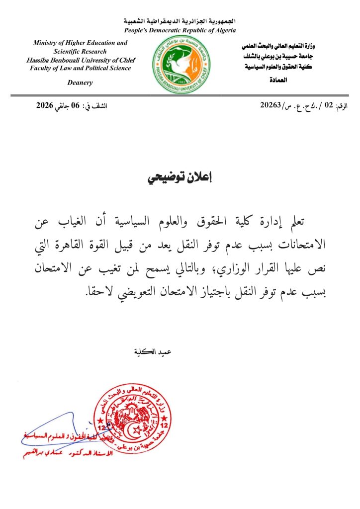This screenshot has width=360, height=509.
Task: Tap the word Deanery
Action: [x=80, y=83]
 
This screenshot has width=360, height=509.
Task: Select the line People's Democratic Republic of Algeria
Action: [x=180, y=31]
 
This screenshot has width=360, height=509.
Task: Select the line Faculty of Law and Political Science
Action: [x=80, y=68]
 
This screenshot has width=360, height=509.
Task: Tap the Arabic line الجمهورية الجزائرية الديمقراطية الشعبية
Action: [x=180, y=22]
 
